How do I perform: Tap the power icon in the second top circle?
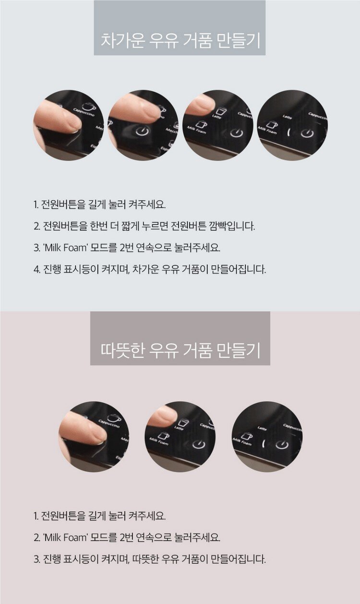(142, 131)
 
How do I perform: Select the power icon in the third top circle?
(237, 133)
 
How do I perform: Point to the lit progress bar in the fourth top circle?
(289, 132)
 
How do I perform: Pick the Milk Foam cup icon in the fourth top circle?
(272, 124)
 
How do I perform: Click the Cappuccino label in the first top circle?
(84, 112)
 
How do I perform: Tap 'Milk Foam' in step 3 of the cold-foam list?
(65, 248)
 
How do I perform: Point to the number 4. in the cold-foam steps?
(37, 269)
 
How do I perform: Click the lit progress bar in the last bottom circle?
(264, 444)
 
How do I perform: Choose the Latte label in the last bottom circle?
(262, 428)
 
